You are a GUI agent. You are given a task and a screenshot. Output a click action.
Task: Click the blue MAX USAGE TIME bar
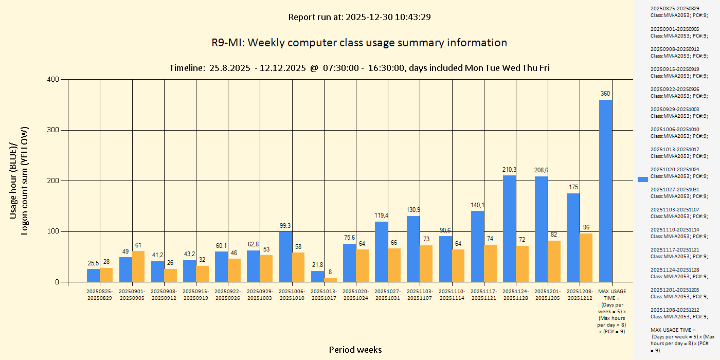[605, 191]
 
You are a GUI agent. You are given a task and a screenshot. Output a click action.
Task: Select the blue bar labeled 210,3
[509, 229]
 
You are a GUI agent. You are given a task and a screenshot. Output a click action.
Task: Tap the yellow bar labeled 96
[586, 258]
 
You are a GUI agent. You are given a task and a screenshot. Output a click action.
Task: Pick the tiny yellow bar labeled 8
[331, 280]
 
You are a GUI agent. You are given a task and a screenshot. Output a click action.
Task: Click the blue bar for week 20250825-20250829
[93, 275]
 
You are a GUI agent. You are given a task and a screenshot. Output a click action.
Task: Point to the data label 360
[605, 94]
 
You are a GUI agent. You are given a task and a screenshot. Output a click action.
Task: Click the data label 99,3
[285, 226]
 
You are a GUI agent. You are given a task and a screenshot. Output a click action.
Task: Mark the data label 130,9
[413, 210]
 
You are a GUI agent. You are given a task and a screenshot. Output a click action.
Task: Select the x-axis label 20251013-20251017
[324, 295]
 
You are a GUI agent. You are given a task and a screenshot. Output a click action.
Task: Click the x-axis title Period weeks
[355, 350]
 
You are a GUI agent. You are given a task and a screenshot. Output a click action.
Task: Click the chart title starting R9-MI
[359, 43]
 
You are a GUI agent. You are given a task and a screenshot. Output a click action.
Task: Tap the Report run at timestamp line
[359, 17]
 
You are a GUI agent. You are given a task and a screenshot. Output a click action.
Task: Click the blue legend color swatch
[643, 179]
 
